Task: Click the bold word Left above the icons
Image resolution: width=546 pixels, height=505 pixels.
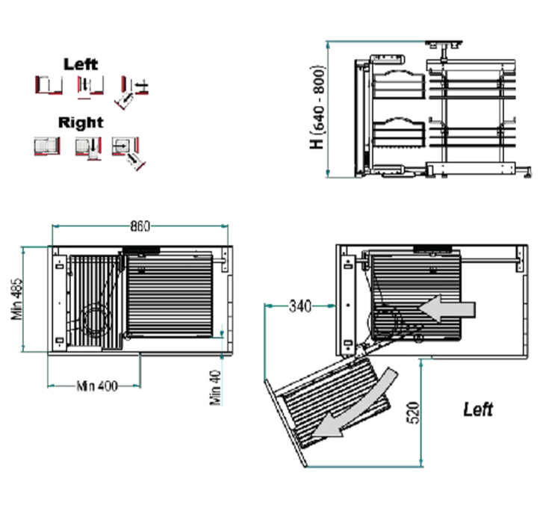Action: (81, 64)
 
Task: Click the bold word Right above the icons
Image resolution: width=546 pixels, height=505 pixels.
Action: (81, 123)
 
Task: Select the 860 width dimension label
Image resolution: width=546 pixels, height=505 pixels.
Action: (140, 226)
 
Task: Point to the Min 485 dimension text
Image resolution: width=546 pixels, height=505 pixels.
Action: (17, 299)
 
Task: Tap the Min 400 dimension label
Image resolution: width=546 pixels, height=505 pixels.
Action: (97, 386)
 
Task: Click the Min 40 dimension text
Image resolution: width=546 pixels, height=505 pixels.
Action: (216, 388)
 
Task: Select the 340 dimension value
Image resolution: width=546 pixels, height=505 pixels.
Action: (300, 306)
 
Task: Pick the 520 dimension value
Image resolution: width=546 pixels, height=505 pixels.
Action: (413, 412)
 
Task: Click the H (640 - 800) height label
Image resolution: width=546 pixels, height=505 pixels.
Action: (317, 107)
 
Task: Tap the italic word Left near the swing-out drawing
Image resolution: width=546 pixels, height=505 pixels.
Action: (478, 409)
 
